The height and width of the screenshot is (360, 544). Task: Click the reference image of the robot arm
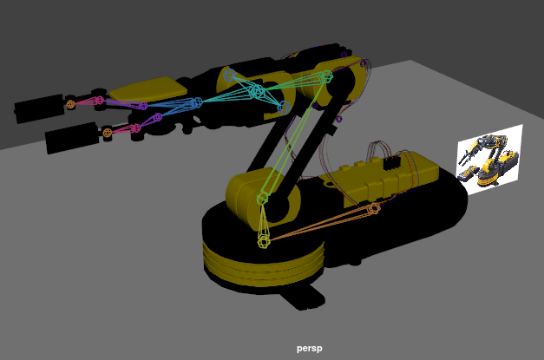click(x=489, y=159)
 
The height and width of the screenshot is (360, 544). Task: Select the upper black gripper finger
click(x=38, y=108)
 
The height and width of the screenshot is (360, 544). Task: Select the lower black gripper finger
click(x=70, y=137)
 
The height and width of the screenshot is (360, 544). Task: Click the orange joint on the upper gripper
click(x=71, y=104)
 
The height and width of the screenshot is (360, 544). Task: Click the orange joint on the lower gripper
click(x=107, y=133)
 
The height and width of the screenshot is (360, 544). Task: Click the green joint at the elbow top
click(x=326, y=77)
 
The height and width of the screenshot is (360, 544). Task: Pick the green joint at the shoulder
click(x=262, y=199)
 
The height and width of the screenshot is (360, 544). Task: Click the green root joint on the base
click(x=264, y=241)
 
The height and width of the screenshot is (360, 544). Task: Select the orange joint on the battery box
click(x=374, y=208)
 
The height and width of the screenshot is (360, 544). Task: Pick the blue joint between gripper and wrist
click(x=197, y=102)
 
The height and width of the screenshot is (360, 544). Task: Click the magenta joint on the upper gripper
click(x=99, y=100)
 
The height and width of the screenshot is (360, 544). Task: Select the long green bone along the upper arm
click(x=294, y=138)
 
